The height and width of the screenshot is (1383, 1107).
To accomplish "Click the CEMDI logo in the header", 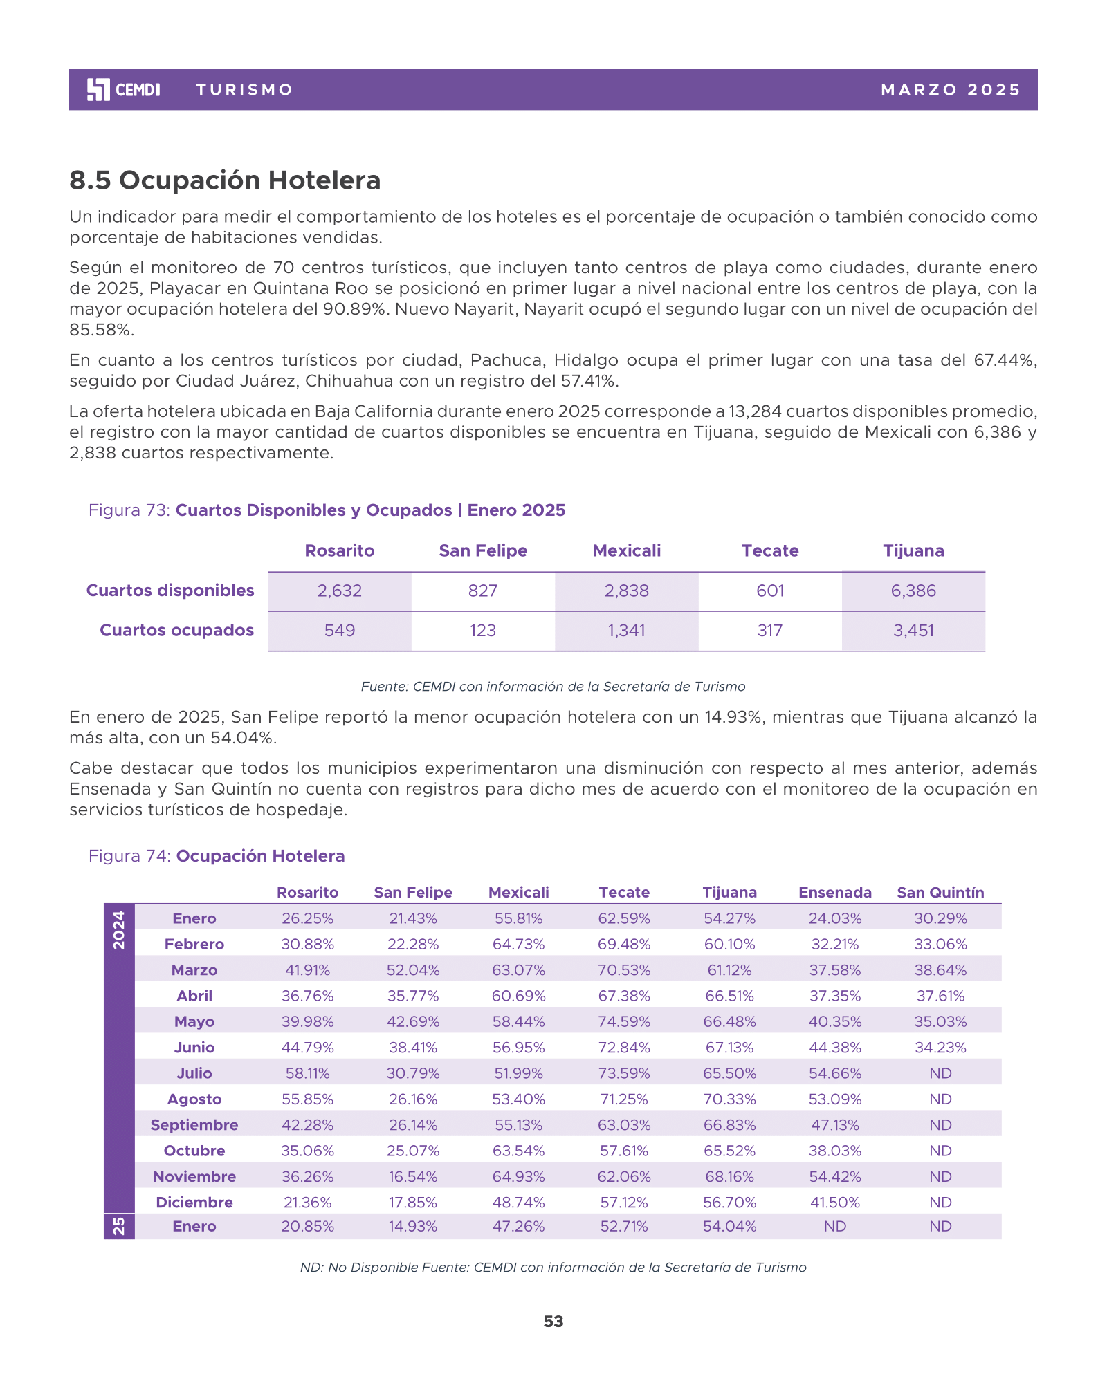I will tap(123, 90).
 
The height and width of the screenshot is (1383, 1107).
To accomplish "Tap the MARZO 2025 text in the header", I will tap(951, 90).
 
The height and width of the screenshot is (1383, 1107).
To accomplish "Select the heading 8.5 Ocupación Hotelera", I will tap(225, 180).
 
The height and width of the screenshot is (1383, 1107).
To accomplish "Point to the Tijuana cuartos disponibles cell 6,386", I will tap(913, 591).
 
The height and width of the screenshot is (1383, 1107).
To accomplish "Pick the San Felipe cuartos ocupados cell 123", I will tap(483, 631).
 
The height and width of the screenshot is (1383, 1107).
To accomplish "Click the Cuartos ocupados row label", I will tap(176, 631).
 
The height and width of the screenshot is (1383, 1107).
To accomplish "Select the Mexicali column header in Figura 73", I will tap(627, 551).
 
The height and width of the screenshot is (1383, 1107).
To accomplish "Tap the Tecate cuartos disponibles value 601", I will tap(770, 591).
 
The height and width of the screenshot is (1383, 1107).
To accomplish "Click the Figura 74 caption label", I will tap(216, 856).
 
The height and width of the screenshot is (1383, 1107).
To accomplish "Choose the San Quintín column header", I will tap(940, 893).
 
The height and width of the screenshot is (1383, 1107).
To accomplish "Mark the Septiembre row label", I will tap(194, 1125).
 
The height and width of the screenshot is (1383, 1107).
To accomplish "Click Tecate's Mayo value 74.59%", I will tap(624, 1022).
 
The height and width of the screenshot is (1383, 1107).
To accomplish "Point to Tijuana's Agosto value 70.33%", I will tap(729, 1099).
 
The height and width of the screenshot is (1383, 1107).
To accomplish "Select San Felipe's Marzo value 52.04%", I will tap(413, 970).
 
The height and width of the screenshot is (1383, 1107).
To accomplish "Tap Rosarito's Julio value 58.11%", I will tap(308, 1074).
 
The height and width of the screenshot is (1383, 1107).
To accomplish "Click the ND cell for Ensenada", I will tap(835, 1227).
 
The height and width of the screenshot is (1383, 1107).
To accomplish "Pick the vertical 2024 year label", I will tap(119, 930).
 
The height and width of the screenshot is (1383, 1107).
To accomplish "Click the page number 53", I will tap(553, 1321).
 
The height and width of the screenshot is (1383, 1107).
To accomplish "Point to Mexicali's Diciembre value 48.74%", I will tap(519, 1203).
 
